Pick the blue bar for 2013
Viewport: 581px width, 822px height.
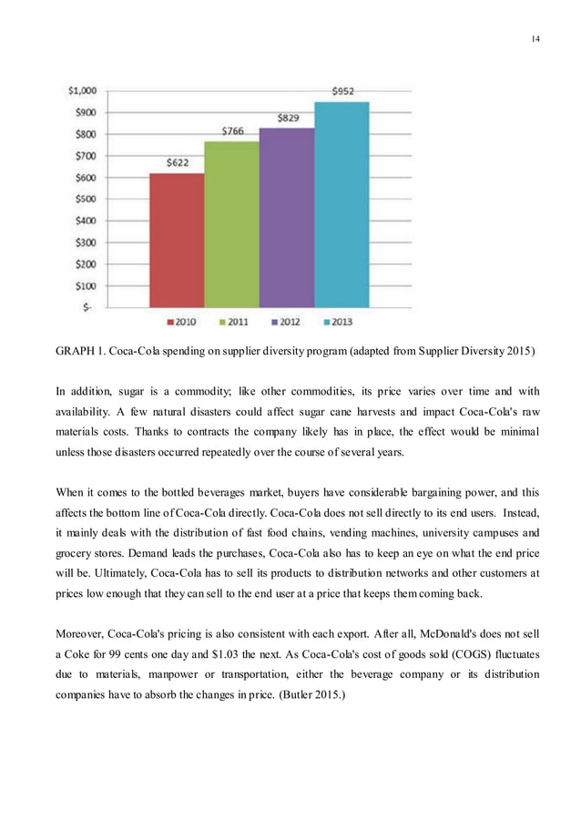tap(341, 204)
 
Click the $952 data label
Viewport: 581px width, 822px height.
tap(341, 91)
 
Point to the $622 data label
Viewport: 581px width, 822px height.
tap(178, 163)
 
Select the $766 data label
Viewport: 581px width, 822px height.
tap(233, 132)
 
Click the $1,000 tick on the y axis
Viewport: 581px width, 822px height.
tap(84, 90)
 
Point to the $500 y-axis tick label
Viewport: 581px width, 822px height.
tap(87, 198)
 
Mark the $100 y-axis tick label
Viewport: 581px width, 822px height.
tap(87, 284)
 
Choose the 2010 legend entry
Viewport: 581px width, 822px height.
tap(182, 321)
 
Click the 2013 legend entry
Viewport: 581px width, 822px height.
tap(340, 321)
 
